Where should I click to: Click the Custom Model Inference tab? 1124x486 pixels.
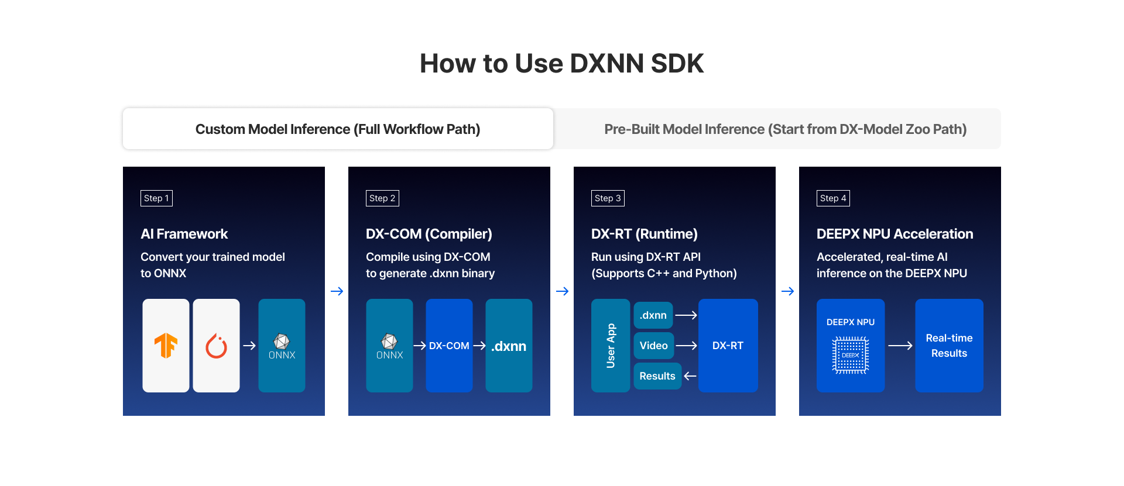[338, 129]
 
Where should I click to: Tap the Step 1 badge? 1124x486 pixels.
[156, 198]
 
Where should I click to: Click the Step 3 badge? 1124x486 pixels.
[608, 198]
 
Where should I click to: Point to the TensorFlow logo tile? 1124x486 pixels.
[166, 346]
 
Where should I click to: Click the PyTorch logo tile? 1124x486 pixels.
[216, 346]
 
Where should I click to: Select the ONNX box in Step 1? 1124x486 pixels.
[282, 346]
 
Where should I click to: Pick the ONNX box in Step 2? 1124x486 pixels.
[389, 346]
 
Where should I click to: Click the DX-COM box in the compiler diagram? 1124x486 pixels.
[449, 346]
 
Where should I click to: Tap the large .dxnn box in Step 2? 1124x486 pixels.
[509, 346]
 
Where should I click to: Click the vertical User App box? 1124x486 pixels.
[611, 346]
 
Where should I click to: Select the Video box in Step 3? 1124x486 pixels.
[653, 346]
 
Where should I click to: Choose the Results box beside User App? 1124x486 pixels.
[657, 376]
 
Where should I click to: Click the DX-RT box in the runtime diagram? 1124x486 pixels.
[728, 346]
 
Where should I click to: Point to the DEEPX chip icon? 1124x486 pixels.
[851, 355]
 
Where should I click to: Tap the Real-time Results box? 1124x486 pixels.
[949, 346]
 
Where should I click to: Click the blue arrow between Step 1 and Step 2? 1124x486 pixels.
[337, 291]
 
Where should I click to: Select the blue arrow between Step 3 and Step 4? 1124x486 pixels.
[787, 291]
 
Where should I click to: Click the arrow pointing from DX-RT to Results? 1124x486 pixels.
[690, 376]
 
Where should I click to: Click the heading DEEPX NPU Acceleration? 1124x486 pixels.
[895, 234]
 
